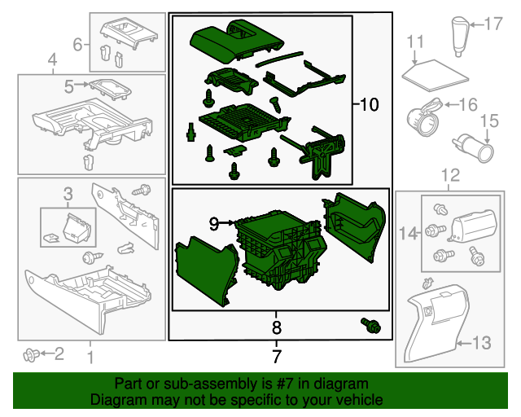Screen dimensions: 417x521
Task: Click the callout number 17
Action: [495, 24]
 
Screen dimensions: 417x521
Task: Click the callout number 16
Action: [467, 104]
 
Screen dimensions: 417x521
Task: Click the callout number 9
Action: [214, 222]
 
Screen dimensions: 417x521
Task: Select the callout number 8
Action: [277, 328]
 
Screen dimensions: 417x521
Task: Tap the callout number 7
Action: [277, 356]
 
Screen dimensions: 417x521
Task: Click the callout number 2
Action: [58, 353]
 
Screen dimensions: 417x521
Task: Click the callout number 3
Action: [68, 193]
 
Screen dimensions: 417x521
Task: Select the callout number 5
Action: [69, 84]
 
